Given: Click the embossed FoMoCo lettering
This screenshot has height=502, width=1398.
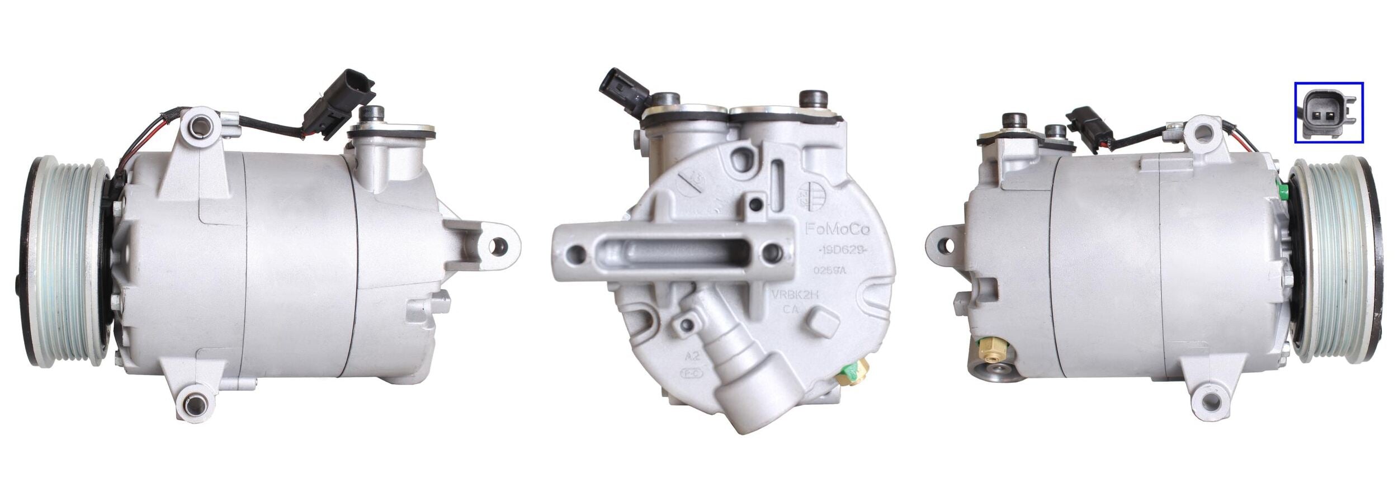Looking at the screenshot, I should (x=834, y=229).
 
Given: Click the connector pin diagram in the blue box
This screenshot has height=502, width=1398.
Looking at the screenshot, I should (x=1328, y=112).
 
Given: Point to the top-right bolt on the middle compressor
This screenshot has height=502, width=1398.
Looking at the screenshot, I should (x=814, y=100).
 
